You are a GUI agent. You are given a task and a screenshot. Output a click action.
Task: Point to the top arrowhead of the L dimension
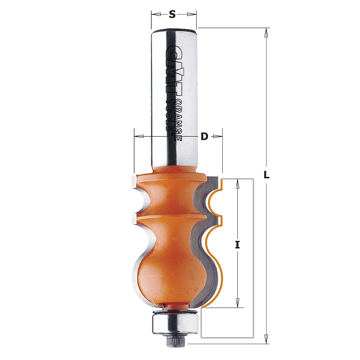(266, 31)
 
